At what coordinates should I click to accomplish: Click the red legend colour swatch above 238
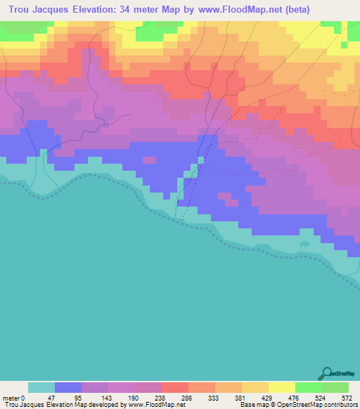175,387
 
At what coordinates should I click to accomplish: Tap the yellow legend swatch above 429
282,387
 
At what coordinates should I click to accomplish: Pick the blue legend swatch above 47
68,387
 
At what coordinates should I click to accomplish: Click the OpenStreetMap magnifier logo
327,374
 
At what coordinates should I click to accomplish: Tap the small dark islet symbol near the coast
304,243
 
